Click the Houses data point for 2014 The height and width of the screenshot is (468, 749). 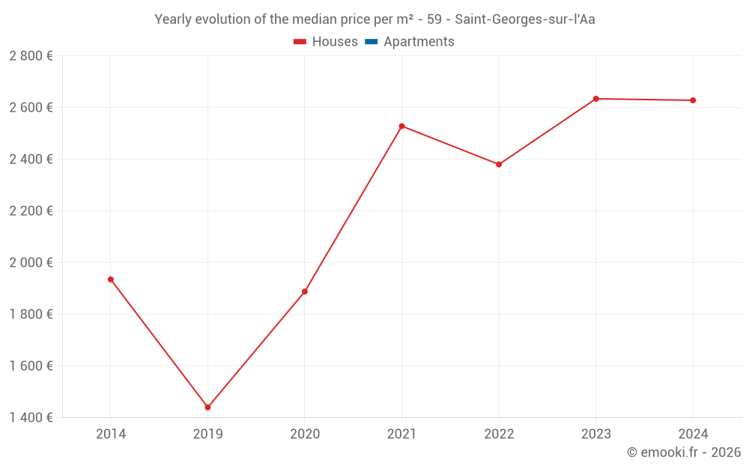click(x=111, y=279)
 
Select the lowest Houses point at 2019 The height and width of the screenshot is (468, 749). click(x=207, y=407)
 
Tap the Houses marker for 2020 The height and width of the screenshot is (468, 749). click(x=305, y=291)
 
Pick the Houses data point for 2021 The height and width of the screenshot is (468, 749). click(x=401, y=126)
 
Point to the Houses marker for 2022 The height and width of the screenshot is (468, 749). click(x=499, y=164)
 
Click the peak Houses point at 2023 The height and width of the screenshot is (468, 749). click(x=596, y=99)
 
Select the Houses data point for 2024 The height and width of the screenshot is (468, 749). click(x=693, y=100)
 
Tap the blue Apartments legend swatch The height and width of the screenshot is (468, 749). click(x=371, y=42)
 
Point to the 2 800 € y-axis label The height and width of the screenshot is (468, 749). click(x=31, y=56)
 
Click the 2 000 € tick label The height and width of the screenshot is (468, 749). click(x=31, y=263)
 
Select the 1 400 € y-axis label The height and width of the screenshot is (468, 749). click(x=31, y=418)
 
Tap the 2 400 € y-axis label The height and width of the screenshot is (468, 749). click(x=31, y=159)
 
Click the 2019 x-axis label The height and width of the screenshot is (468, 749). click(x=207, y=434)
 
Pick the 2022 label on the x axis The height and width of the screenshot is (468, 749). click(x=499, y=434)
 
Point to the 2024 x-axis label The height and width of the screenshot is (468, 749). click(x=693, y=434)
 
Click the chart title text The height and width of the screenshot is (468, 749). click(x=374, y=19)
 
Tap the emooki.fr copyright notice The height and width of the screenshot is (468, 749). click(x=683, y=452)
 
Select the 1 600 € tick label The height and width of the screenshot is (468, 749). click(x=31, y=366)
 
